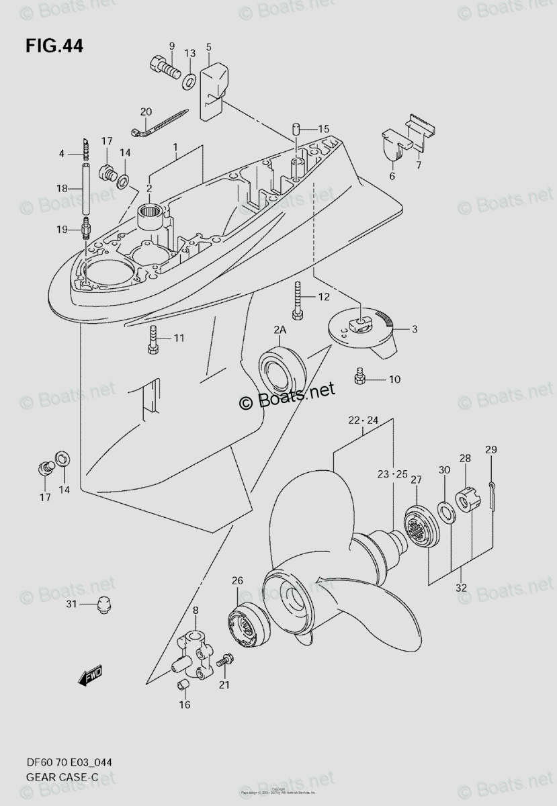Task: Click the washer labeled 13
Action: coord(190,81)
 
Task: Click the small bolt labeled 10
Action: coord(359,378)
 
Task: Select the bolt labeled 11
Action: coord(152,339)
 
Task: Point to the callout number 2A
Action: coord(280,330)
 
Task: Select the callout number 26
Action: coord(237,580)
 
